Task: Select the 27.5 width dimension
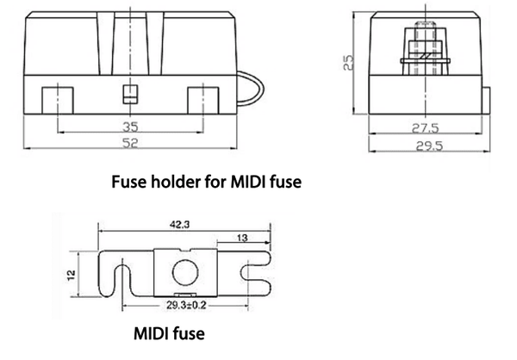pos(421,127)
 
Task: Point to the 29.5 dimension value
pos(425,146)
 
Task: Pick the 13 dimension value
pos(243,239)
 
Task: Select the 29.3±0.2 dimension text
pos(184,306)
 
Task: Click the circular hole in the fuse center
pos(184,275)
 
